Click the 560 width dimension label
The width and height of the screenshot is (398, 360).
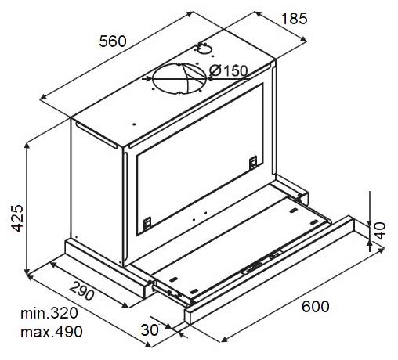(113, 42)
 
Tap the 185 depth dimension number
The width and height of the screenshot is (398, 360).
(292, 18)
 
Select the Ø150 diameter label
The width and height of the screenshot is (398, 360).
(230, 71)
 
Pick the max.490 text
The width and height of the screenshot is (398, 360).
(52, 332)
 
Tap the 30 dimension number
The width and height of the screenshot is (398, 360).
(149, 329)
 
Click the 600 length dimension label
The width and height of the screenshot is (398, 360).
(313, 306)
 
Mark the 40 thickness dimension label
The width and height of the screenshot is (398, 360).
(380, 230)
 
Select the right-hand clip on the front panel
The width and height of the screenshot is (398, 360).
(253, 162)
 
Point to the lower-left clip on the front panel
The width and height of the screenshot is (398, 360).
(148, 224)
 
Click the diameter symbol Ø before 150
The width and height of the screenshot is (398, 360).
(214, 71)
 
